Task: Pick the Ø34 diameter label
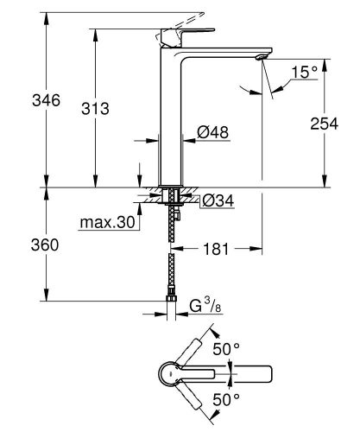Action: click(x=219, y=201)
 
